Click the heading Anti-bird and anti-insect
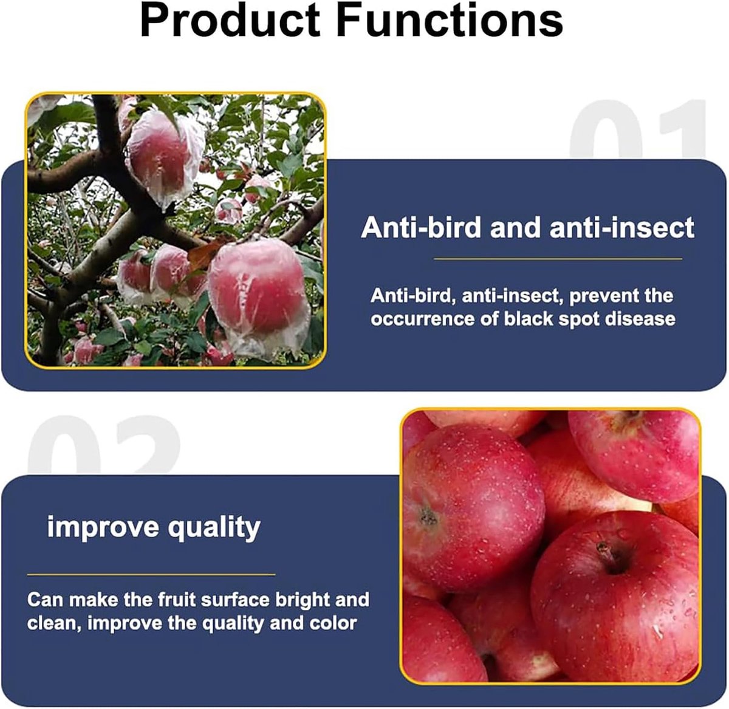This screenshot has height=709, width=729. click(x=527, y=227)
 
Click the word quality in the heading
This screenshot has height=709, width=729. click(x=214, y=527)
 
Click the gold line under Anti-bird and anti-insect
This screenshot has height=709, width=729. click(x=558, y=259)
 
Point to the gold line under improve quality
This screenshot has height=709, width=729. click(x=151, y=574)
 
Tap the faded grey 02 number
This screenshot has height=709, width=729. click(x=104, y=445)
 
